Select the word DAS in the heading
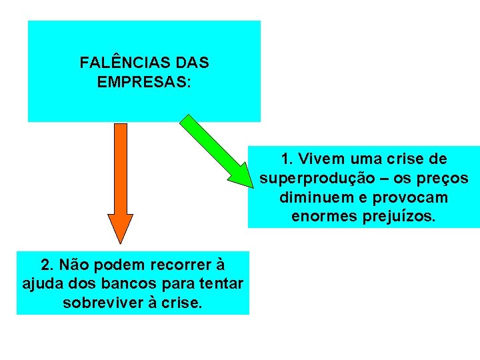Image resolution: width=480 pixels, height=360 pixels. [x=192, y=63]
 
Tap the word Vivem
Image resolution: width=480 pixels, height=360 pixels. [x=323, y=159]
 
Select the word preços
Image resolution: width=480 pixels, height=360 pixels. [x=445, y=179]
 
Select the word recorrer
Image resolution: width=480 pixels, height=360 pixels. [x=179, y=265]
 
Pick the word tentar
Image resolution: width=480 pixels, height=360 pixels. [x=221, y=284]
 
